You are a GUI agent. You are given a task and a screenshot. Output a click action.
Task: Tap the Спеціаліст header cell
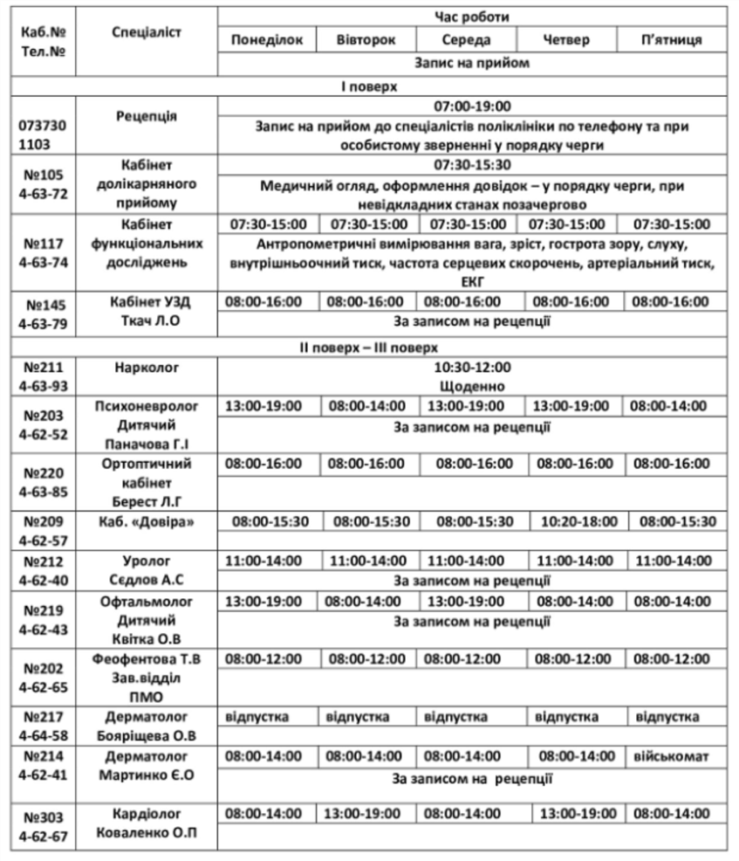(x=147, y=31)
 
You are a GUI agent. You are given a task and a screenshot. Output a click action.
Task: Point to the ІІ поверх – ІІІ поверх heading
(x=369, y=347)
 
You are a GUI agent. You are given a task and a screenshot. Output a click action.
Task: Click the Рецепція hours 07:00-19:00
(x=472, y=107)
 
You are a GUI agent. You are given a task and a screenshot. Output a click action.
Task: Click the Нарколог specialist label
(x=147, y=368)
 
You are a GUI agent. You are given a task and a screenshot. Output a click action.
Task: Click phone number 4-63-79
(x=42, y=324)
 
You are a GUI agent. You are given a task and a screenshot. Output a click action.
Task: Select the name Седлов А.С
(x=147, y=580)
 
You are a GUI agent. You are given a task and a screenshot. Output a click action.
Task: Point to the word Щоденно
(x=472, y=386)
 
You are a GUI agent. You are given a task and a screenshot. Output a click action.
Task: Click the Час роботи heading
(x=472, y=17)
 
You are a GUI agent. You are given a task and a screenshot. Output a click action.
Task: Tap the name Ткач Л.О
(x=147, y=320)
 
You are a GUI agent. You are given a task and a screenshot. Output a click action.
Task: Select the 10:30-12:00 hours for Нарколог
(x=472, y=368)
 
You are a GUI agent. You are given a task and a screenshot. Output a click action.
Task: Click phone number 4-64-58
(x=42, y=734)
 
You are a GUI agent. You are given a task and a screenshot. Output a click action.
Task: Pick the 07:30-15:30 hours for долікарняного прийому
(x=472, y=165)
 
